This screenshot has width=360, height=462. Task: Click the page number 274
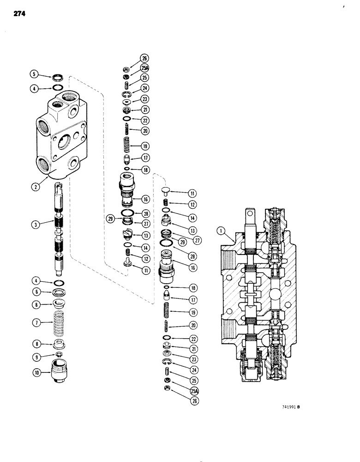coord(16,14)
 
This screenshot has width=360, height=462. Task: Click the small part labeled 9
coord(58,355)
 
